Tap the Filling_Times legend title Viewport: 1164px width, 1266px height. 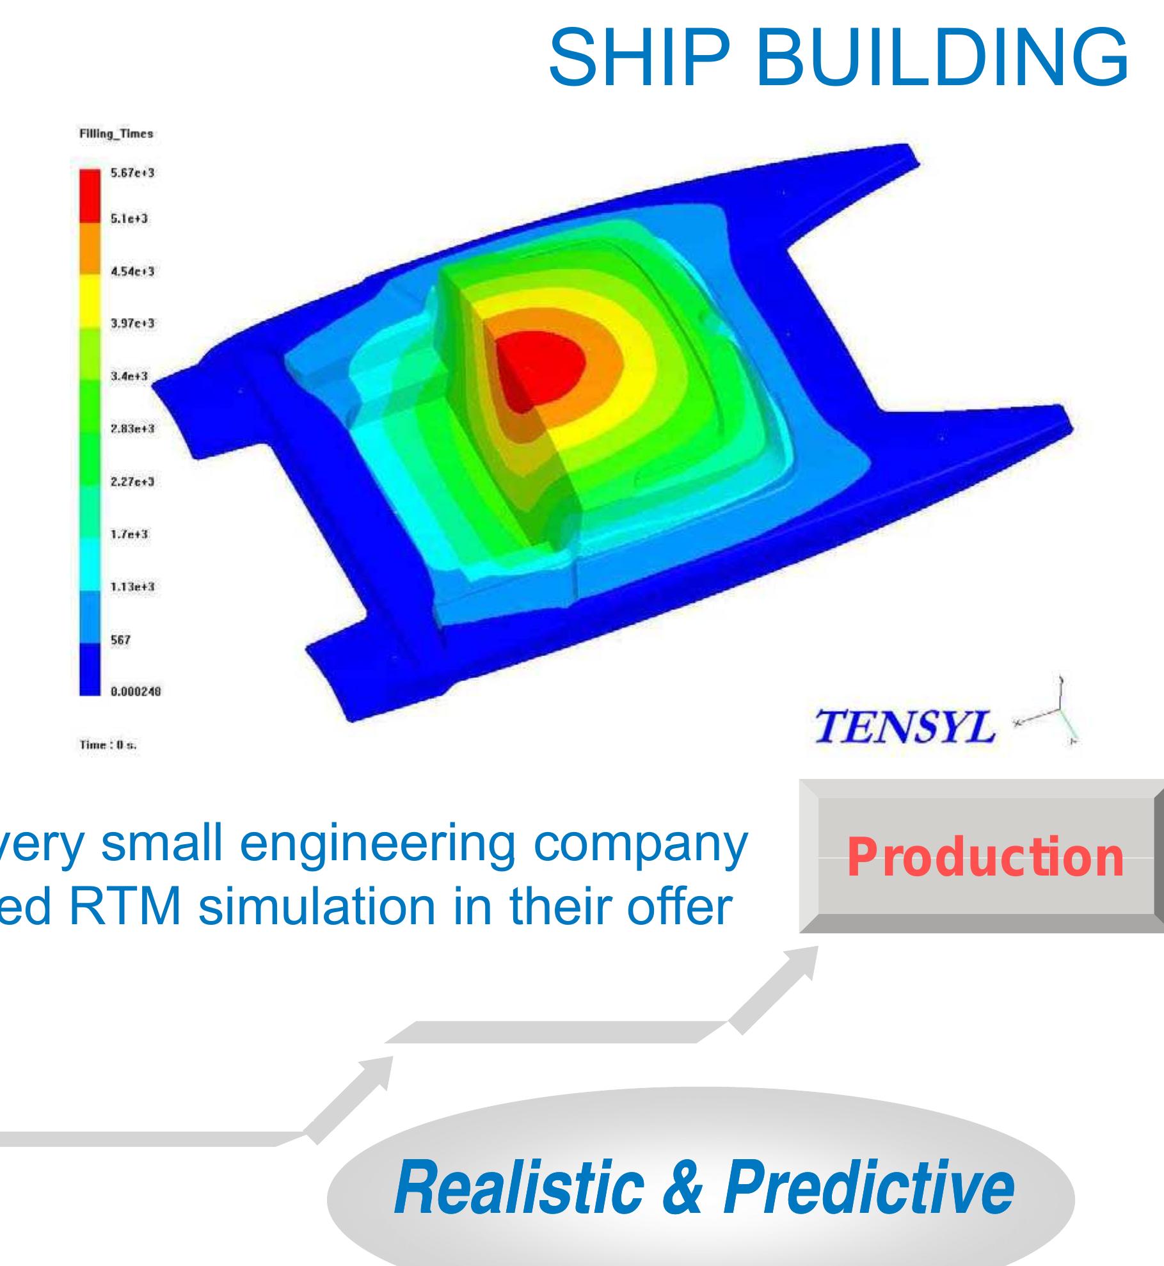pos(116,134)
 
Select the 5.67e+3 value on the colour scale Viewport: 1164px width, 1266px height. pos(133,173)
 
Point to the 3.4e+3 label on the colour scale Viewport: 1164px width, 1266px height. pos(129,376)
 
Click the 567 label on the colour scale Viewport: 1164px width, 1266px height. pos(121,639)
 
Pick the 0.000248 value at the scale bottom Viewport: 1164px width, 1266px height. pos(136,692)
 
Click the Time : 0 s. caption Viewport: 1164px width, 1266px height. pos(109,745)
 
